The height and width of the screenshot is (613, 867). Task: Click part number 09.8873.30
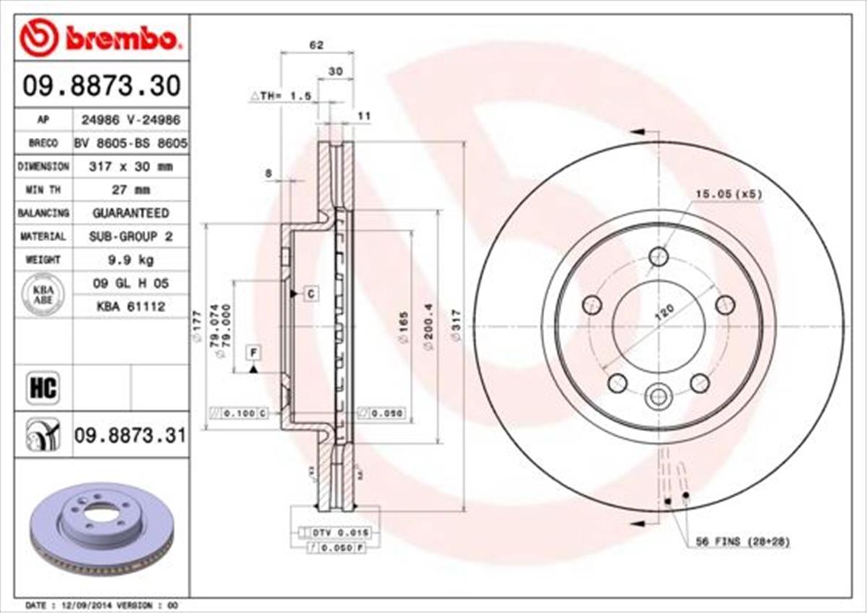tap(101, 87)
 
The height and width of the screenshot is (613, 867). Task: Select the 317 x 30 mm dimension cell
tap(131, 167)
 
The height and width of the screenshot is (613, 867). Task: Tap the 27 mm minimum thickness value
tap(131, 190)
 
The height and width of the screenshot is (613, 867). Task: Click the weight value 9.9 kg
tap(131, 259)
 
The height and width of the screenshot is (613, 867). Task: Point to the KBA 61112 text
tap(131, 306)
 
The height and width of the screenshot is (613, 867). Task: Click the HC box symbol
tap(42, 388)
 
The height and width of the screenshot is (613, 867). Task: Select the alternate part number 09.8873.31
tap(130, 435)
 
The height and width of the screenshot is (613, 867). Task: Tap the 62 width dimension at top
tap(316, 45)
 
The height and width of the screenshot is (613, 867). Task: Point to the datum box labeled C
tap(310, 293)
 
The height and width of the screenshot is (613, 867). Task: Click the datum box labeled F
tap(254, 352)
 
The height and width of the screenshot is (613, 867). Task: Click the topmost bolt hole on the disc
tap(657, 256)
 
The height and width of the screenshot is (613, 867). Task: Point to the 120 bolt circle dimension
tap(664, 311)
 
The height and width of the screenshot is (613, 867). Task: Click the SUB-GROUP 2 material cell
tap(131, 236)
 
